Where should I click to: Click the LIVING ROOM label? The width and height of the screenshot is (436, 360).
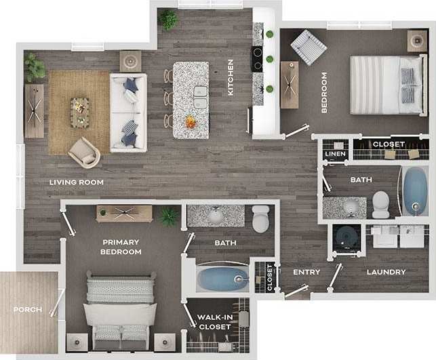coord(77,182)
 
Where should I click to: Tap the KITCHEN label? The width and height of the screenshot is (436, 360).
coord(231,77)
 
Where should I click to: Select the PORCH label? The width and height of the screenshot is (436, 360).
coord(28,310)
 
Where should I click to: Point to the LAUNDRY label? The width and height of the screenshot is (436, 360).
coord(386,272)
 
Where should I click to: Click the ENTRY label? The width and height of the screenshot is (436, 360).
coord(306,272)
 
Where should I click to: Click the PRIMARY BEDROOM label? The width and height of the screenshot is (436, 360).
coord(121,247)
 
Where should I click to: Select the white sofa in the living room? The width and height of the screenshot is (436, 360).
coord(128,112)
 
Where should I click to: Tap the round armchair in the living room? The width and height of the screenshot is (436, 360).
coord(85,153)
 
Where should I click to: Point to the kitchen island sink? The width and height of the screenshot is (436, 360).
coord(200,97)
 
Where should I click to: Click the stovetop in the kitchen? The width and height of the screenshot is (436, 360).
coord(258,58)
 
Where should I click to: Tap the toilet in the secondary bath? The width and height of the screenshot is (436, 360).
coord(381,203)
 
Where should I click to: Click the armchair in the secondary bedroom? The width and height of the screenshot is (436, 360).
coord(308,46)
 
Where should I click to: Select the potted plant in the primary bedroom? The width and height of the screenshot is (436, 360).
coord(168,216)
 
